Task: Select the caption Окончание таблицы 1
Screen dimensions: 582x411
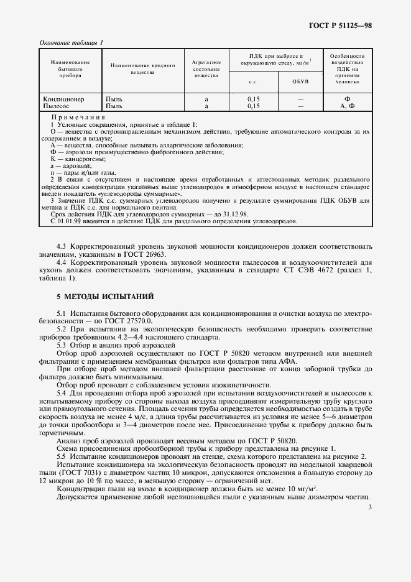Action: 72,42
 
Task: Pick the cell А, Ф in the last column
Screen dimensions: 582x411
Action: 347,106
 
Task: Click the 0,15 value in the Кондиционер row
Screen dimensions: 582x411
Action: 253,99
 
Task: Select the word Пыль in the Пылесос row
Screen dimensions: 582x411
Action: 114,106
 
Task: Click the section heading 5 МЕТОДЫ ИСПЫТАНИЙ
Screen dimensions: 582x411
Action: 105,295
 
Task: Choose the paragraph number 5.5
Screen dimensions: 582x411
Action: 62,456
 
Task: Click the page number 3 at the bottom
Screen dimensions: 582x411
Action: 369,509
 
